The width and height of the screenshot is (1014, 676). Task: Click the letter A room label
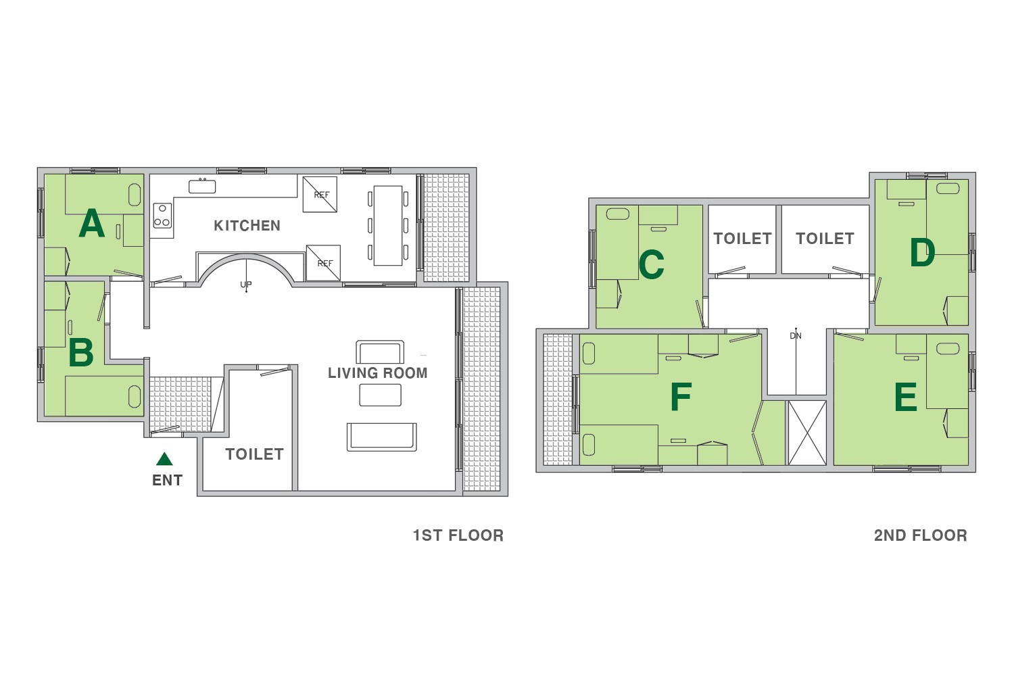91,223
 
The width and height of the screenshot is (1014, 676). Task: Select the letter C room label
651,264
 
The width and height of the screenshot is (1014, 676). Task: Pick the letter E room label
905,397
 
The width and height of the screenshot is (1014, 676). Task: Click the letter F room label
681,396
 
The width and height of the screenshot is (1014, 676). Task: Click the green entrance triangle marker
164,459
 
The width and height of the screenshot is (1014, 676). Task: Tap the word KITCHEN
247,226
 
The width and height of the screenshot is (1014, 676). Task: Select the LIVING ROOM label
377,372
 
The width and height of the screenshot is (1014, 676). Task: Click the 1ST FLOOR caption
458,535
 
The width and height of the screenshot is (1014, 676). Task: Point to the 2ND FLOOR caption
920,535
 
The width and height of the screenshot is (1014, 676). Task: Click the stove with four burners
162,216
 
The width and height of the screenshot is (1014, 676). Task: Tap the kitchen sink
202,186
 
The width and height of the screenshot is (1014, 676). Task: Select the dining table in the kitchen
388,226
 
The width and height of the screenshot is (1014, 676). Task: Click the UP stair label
246,285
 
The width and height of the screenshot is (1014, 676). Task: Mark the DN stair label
796,335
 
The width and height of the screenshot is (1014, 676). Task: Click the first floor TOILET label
254,454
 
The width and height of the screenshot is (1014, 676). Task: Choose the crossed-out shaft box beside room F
807,433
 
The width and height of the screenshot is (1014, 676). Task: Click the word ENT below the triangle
167,480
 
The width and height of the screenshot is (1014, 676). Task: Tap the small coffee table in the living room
380,395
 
